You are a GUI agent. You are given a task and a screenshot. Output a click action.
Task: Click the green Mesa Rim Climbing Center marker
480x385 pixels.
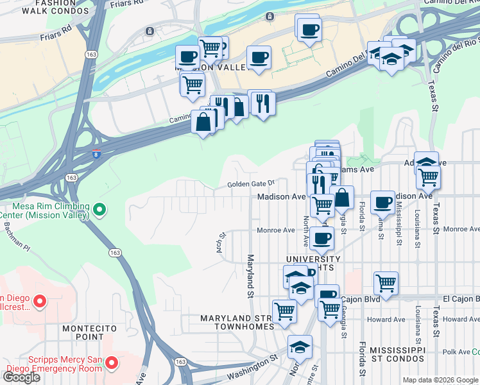pos(99,209)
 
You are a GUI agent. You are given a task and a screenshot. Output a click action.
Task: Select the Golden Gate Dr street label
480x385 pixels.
pos(251,184)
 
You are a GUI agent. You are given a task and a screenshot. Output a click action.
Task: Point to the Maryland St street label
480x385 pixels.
pos(250,277)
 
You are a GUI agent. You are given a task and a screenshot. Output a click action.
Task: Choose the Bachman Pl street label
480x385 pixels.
pos(15,236)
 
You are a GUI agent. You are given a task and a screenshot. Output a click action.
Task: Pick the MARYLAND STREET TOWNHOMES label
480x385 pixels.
pos(237,322)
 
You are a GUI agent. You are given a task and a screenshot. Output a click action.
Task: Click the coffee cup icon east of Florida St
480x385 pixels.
pos(382,201)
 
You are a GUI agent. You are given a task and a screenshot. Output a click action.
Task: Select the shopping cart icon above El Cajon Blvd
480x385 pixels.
pos(386,282)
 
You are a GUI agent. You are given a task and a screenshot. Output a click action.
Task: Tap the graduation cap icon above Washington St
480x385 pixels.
pos(299,346)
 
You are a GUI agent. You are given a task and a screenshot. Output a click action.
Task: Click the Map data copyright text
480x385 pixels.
pos(440,380)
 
